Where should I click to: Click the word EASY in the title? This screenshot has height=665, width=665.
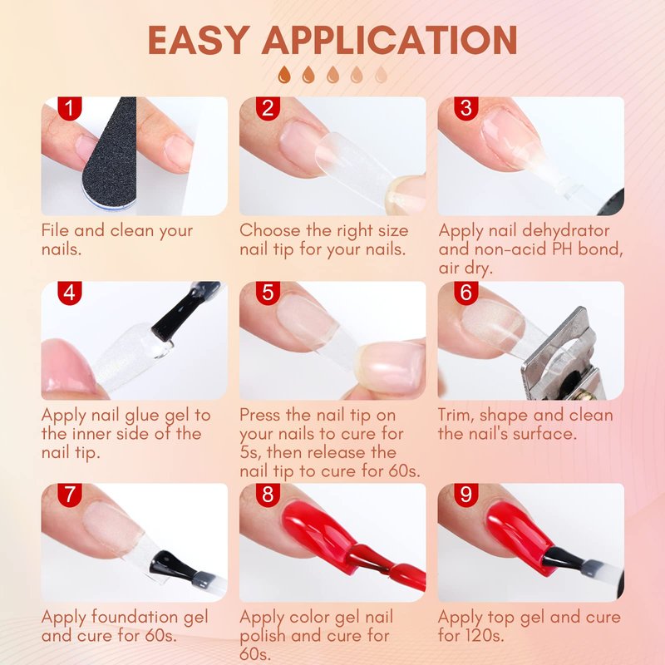[x=199, y=40]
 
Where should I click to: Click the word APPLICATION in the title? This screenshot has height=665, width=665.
[x=389, y=40]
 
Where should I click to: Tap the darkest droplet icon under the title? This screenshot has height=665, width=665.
[x=284, y=75]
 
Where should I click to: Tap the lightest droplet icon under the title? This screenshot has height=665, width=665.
[x=382, y=75]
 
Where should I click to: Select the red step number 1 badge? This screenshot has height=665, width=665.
[x=70, y=108]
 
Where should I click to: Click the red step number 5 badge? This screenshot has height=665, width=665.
[x=268, y=293]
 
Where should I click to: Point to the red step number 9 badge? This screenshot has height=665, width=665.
[x=466, y=495]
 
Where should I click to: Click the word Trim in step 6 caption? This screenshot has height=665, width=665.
[x=456, y=416]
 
